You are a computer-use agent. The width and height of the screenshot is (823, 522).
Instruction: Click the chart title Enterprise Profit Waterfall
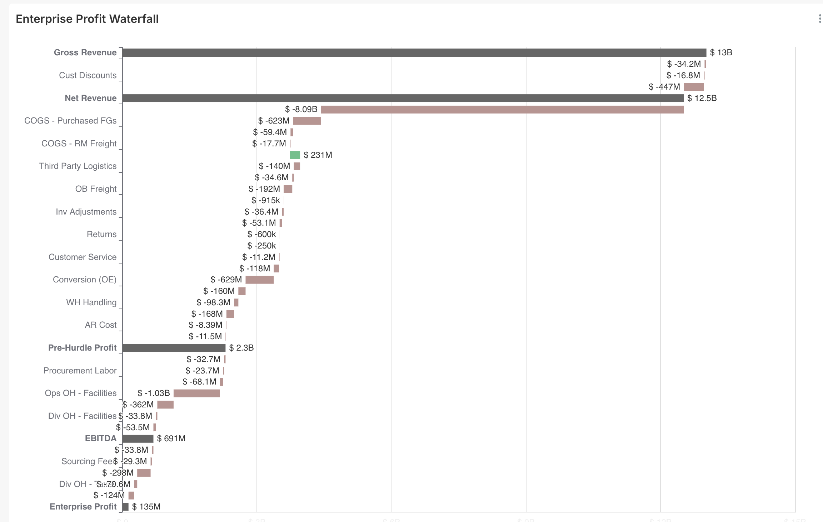click(87, 19)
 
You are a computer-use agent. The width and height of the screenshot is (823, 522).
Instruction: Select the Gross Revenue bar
click(414, 53)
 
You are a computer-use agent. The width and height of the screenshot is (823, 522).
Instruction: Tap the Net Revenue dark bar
click(403, 98)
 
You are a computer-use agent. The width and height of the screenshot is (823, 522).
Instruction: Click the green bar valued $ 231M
click(295, 155)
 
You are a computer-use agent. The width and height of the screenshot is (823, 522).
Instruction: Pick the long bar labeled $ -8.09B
click(502, 110)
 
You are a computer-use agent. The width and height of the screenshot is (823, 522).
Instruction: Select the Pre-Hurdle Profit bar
click(174, 348)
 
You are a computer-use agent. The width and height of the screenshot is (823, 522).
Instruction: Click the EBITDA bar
click(138, 438)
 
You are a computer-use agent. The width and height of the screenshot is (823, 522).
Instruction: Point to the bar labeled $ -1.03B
click(196, 393)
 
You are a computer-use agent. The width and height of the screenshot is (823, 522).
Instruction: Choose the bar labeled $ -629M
click(259, 280)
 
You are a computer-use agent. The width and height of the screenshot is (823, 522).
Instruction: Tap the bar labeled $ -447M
click(693, 87)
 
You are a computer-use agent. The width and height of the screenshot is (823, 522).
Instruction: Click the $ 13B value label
click(721, 53)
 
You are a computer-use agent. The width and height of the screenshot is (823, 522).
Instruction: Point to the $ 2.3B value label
click(241, 348)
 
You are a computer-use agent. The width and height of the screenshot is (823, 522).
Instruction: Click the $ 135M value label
click(146, 507)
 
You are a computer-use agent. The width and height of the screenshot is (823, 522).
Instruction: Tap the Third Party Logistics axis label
click(78, 166)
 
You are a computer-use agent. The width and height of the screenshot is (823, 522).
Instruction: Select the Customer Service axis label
click(83, 257)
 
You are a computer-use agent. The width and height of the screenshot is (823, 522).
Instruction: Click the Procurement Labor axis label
click(80, 371)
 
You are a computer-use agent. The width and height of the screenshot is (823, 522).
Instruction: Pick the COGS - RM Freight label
click(79, 144)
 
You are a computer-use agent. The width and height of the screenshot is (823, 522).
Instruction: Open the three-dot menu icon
click(819, 19)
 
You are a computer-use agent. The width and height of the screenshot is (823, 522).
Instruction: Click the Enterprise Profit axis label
click(83, 507)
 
